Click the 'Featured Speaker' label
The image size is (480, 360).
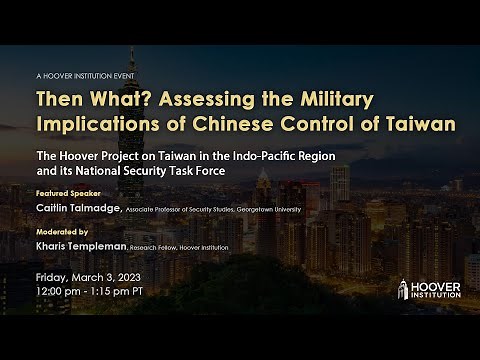click(x=67, y=191)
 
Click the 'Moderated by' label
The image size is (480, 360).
click(x=62, y=230)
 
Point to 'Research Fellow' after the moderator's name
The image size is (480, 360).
click(x=184, y=246)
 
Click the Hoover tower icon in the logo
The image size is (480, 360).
click(x=404, y=289)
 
